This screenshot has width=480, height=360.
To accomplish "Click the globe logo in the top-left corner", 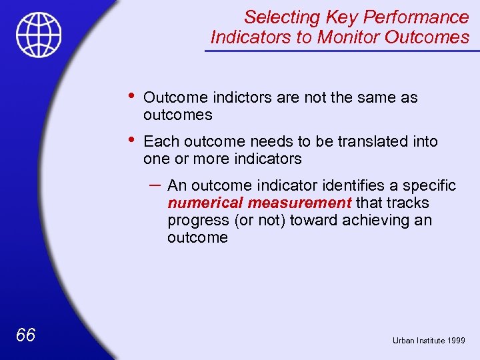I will [x=39, y=35].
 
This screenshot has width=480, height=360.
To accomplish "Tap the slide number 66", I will [x=25, y=335].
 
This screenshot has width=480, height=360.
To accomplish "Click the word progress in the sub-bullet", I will [x=195, y=221].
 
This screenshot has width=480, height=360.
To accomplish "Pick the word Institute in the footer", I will [x=430, y=340].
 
